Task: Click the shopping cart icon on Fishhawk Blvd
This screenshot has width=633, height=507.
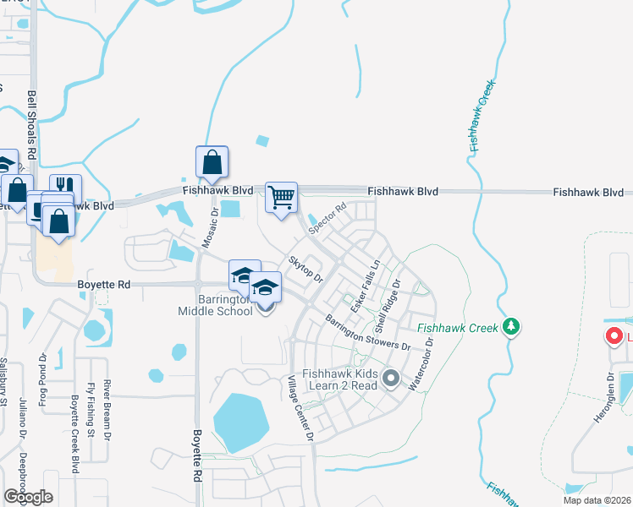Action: [x=282, y=197]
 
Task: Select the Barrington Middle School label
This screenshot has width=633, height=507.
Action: [x=215, y=305]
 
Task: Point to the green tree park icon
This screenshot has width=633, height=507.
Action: [x=510, y=326]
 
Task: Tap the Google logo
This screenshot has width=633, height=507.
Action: [x=29, y=497]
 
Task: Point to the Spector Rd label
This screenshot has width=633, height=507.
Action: [x=328, y=218]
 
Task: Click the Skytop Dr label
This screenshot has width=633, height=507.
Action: [x=307, y=270]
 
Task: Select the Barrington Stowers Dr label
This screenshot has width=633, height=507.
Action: [x=367, y=333]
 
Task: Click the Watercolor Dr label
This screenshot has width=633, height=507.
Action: [x=422, y=364]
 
